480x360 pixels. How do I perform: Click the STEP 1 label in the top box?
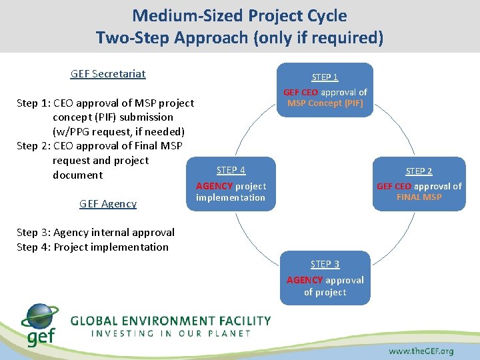(325, 77)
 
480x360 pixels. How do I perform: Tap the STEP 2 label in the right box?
(419, 171)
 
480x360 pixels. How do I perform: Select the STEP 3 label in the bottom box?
(325, 265)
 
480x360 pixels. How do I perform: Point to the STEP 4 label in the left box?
(231, 171)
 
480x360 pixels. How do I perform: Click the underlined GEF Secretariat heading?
(108, 74)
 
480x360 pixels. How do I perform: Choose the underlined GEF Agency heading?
(108, 204)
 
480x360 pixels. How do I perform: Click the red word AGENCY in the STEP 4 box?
(214, 187)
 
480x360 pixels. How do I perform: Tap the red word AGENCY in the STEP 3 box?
(305, 281)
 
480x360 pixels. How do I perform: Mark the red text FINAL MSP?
(419, 197)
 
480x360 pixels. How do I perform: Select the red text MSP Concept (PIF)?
(325, 103)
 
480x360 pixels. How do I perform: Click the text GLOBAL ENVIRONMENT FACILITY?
(171, 321)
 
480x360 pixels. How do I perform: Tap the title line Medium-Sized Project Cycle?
(239, 15)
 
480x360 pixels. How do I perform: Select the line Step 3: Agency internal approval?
(95, 233)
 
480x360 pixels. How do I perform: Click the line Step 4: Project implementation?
(93, 247)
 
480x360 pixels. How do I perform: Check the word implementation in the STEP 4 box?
(231, 198)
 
